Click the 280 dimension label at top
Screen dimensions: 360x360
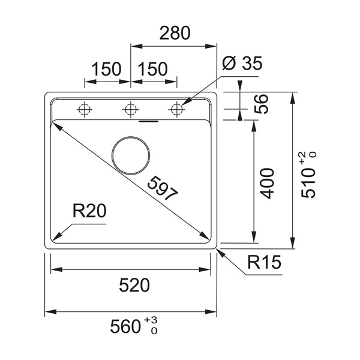[175, 33]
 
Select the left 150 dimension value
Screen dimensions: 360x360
[106, 69]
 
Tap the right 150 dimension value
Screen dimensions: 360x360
[153, 69]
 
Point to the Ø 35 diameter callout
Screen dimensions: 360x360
[242, 63]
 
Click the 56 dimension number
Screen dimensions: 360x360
[261, 104]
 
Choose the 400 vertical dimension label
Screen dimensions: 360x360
[267, 183]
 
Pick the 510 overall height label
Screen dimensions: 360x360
[308, 183]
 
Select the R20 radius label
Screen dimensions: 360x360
[89, 211]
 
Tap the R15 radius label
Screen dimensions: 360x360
[264, 262]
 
